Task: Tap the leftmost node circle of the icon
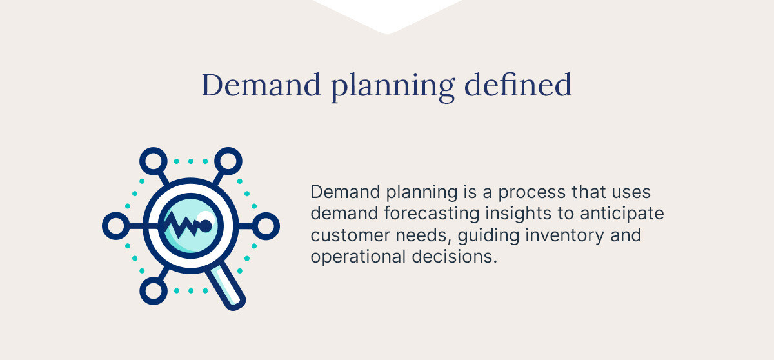tap(115, 226)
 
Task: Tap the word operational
tap(358, 257)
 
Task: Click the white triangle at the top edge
tap(386, 13)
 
